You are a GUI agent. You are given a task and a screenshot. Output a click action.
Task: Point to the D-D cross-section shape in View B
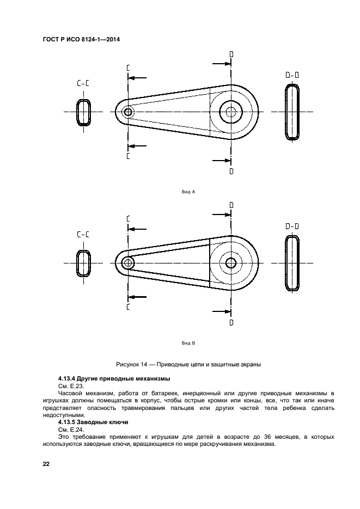tap(292, 263)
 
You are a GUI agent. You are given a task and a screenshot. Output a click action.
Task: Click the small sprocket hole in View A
tap(128, 112)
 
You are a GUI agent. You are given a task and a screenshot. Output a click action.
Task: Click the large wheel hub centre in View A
tap(231, 112)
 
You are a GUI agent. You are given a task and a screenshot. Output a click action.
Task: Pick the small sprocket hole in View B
tap(128, 263)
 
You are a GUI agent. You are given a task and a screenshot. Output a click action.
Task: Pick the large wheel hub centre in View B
tap(231, 263)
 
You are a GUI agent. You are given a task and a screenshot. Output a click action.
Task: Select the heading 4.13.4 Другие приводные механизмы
tap(114, 378)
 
